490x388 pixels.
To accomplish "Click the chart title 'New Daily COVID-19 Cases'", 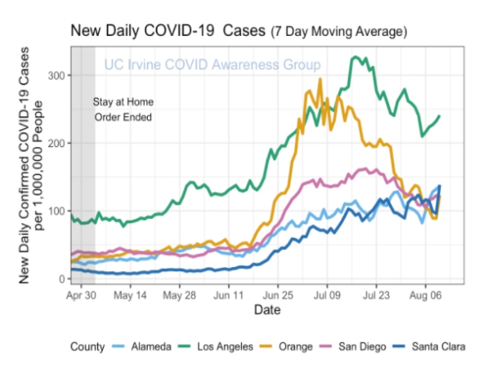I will pos(167,31).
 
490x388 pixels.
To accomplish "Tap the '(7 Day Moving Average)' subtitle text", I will pos(338,32).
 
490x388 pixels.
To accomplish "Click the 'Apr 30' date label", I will pos(81,295).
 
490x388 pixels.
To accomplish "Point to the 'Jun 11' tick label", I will pos(228,295).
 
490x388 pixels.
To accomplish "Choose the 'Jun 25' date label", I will pos(277,295).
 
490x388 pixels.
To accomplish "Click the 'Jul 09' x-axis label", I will pos(327,295).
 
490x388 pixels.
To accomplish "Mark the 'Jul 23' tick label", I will pos(376,295).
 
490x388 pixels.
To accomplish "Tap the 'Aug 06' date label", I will pos(425,295).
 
